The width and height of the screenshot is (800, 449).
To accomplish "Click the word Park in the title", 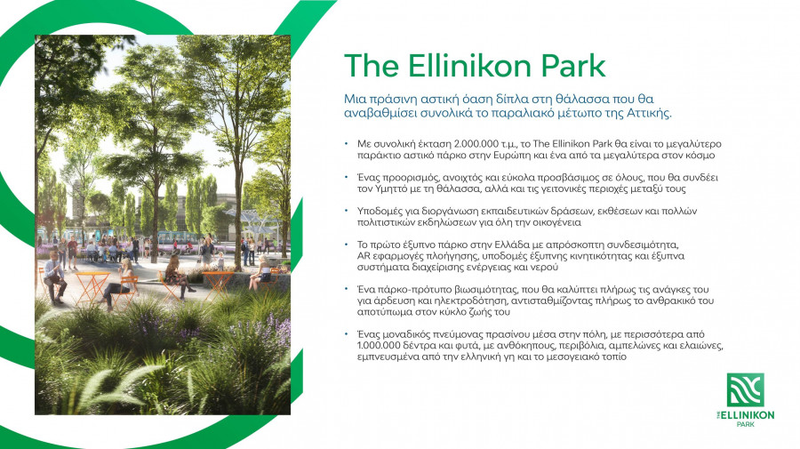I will tap(565, 65).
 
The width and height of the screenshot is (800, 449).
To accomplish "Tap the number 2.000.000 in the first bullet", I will tap(478, 143).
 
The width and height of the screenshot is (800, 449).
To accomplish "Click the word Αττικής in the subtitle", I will tap(644, 116).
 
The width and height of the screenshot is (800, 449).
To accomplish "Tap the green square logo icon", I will tap(745, 390).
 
